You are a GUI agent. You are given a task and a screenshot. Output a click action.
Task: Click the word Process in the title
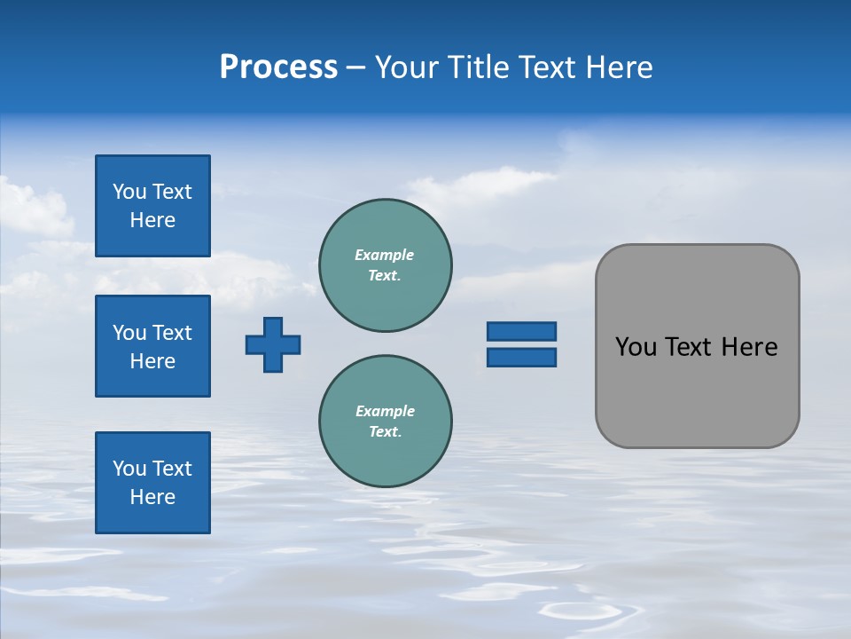coord(278,67)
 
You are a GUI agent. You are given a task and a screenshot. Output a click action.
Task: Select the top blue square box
coord(152,206)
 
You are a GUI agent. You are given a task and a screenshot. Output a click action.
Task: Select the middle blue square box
coord(152,346)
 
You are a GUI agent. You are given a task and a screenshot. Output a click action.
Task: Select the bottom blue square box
coord(152,483)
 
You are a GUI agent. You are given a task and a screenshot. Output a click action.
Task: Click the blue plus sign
coord(273,344)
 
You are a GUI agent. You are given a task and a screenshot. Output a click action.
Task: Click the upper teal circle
coord(386,265)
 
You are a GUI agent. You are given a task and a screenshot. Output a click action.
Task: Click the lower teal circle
coord(386,422)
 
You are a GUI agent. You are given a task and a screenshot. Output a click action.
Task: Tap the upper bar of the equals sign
coord(521,331)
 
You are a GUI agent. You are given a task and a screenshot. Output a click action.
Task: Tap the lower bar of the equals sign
coord(521,357)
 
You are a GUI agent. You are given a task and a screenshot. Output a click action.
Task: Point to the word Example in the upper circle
coord(385,255)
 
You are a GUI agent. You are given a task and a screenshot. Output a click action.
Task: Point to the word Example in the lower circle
coord(385,411)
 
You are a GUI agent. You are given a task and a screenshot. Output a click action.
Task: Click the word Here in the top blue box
coord(152,220)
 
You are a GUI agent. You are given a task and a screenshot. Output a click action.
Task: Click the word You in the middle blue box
coord(129,333)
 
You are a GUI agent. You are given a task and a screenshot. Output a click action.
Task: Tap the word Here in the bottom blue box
coord(152,497)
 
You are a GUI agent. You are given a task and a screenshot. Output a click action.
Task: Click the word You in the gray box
coord(636,347)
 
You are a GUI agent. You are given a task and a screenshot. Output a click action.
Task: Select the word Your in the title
coord(402,67)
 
